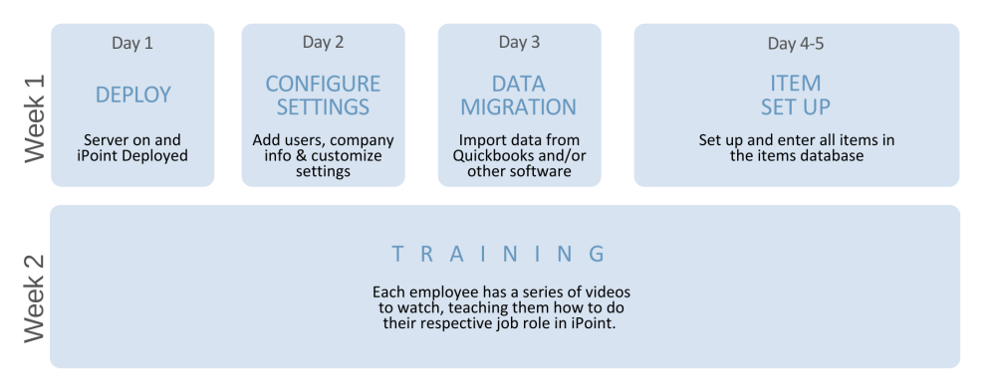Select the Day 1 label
click(x=132, y=43)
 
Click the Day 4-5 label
click(x=796, y=43)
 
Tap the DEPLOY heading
click(x=133, y=95)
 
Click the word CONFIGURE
click(x=323, y=84)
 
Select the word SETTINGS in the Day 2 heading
click(x=323, y=106)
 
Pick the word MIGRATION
click(x=519, y=106)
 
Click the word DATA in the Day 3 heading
click(x=519, y=84)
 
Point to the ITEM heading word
click(x=796, y=84)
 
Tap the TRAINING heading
click(x=498, y=254)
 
